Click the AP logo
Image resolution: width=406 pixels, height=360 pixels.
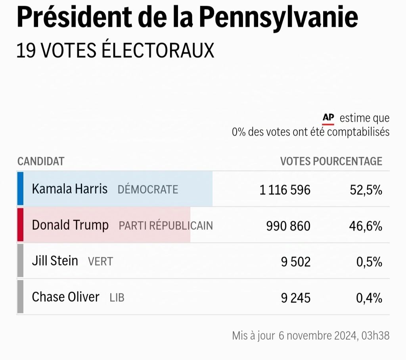click(328, 118)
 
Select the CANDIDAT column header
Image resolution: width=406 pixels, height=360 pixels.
click(41, 161)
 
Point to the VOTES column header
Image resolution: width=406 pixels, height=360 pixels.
click(295, 161)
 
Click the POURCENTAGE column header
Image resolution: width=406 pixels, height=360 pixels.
click(348, 161)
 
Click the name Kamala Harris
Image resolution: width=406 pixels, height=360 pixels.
click(70, 189)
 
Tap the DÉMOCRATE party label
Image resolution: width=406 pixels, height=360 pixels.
click(148, 190)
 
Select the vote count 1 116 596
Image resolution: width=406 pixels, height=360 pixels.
click(285, 190)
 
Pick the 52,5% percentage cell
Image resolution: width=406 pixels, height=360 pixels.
click(366, 190)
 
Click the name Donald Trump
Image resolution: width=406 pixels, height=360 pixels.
click(70, 225)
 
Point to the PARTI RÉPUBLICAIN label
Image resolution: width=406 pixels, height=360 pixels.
click(166, 226)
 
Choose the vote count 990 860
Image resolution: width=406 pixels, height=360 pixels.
click(288, 226)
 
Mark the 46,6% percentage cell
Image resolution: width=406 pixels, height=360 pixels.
click(366, 226)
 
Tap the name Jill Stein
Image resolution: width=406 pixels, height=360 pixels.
click(55, 261)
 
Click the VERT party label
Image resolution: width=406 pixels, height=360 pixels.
click(100, 262)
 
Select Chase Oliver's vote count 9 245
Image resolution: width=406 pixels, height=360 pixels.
click(296, 298)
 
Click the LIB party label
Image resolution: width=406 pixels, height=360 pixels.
click(117, 298)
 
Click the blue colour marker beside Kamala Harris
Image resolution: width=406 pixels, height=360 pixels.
click(20, 189)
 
